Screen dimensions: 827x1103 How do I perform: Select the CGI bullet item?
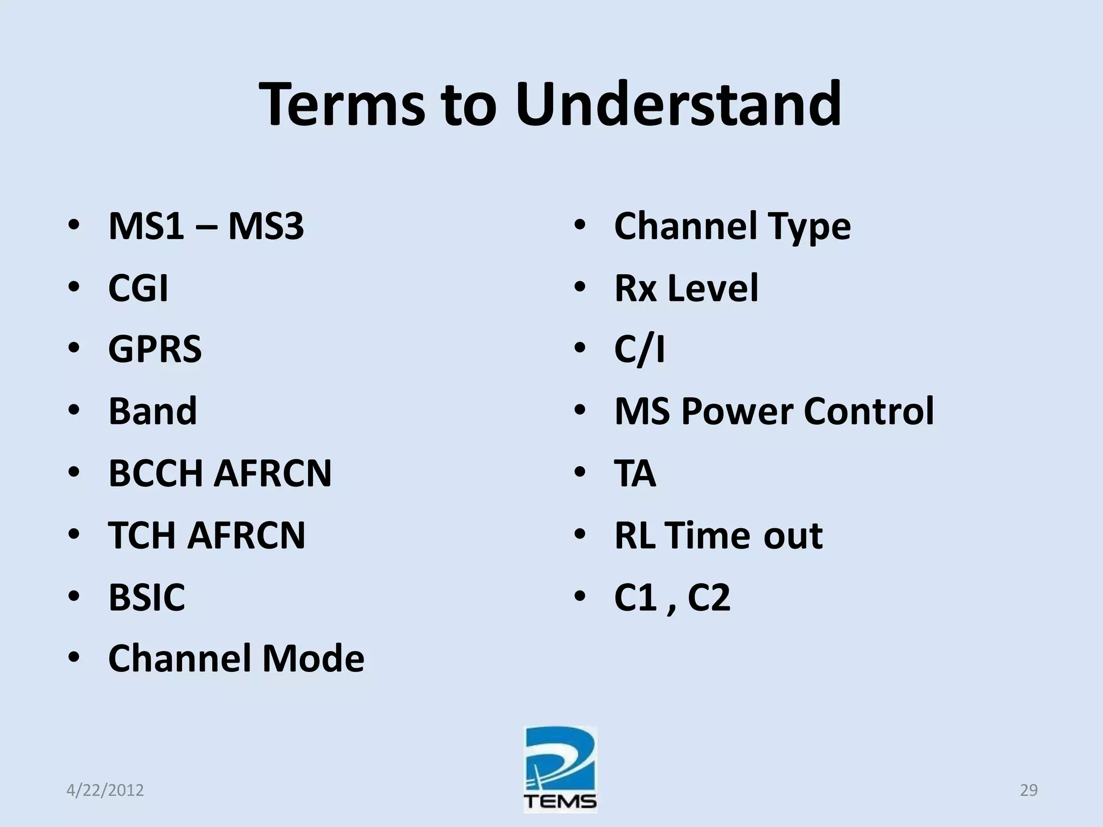click(x=138, y=288)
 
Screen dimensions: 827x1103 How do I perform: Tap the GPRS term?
click(x=155, y=349)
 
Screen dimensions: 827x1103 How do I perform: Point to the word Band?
click(x=153, y=411)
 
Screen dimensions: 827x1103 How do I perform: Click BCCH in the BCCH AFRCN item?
click(x=156, y=473)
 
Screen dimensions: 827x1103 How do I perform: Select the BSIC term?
click(x=146, y=597)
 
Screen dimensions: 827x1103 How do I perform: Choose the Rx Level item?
click(x=686, y=288)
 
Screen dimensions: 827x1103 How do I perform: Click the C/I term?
click(x=639, y=349)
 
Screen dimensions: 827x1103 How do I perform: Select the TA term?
click(x=635, y=473)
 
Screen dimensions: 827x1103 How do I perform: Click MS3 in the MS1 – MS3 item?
click(x=266, y=226)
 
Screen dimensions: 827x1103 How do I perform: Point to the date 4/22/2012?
click(x=105, y=790)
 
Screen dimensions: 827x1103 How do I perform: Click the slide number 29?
click(x=1029, y=790)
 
